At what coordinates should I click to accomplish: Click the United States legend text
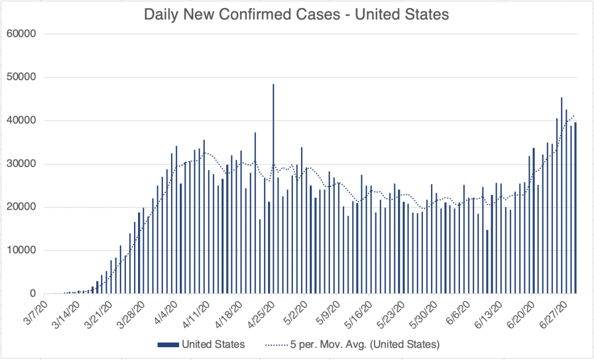[x=213, y=344]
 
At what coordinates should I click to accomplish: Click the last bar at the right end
[x=575, y=208]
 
